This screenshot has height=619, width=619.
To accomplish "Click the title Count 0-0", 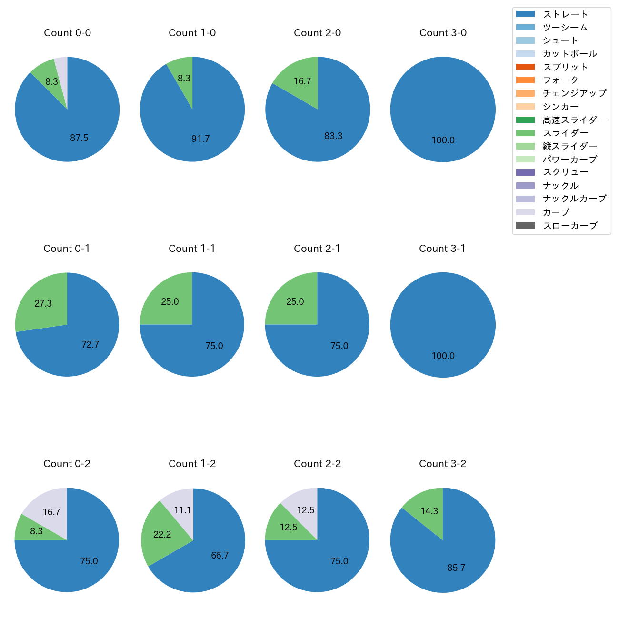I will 67,33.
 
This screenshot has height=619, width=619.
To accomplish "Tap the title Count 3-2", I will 442,464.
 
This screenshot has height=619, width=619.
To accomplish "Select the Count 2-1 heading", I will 317,249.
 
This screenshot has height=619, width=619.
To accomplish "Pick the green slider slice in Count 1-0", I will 183,76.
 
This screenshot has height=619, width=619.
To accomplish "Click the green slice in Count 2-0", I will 300,81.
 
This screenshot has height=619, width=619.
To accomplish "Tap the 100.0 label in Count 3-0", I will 443,140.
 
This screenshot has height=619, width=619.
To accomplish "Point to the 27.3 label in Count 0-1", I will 43,304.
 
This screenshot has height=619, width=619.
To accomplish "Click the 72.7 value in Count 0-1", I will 90,344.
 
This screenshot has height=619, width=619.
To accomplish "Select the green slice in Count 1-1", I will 169,301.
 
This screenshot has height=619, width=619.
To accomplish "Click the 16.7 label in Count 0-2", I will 51,512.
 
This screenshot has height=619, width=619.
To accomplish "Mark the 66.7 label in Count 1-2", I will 220,556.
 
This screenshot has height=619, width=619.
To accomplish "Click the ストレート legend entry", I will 565,14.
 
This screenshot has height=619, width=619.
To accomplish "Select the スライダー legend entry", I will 565,133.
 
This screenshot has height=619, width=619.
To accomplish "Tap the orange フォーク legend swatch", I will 525,80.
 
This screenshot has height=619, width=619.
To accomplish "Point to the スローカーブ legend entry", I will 570,226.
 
